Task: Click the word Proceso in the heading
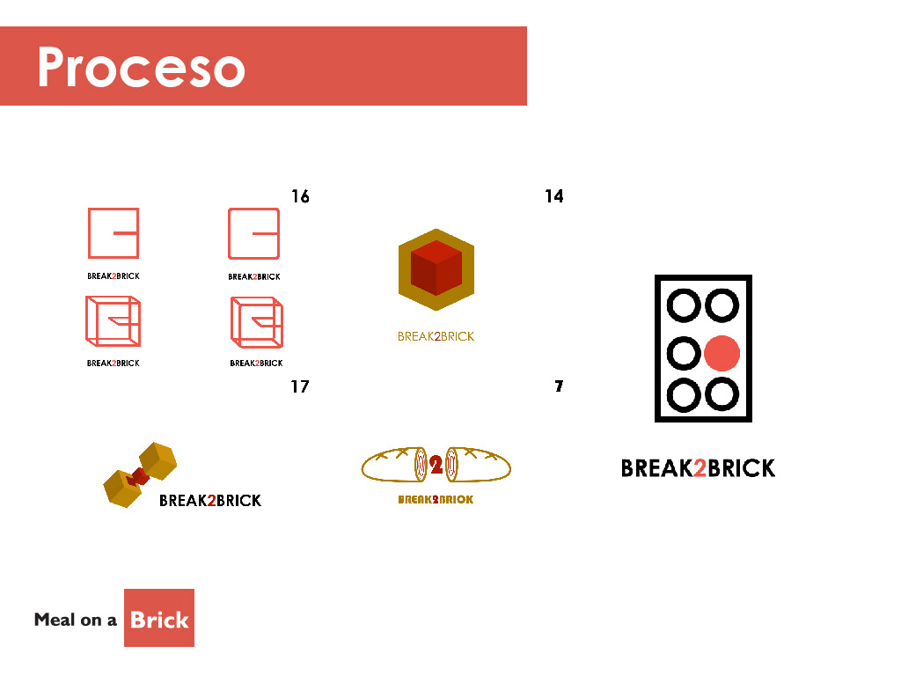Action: [x=141, y=69]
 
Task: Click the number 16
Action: [x=300, y=196]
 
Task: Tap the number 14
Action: [x=553, y=196]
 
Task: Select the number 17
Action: [x=300, y=386]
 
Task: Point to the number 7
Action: [x=559, y=386]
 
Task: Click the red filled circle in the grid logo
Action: [x=722, y=353]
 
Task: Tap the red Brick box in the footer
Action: [x=159, y=619]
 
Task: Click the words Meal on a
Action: [x=76, y=620]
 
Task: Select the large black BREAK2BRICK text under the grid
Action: [x=698, y=468]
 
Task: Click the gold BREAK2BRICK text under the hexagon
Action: [x=436, y=336]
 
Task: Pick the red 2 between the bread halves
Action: [x=436, y=465]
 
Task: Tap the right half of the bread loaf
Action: [x=479, y=465]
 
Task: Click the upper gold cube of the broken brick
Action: [x=158, y=459]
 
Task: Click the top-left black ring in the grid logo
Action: [x=684, y=306]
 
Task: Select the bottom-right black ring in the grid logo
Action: [x=722, y=393]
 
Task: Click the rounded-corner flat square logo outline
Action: [x=253, y=233]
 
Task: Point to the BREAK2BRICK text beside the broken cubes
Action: [x=210, y=501]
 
